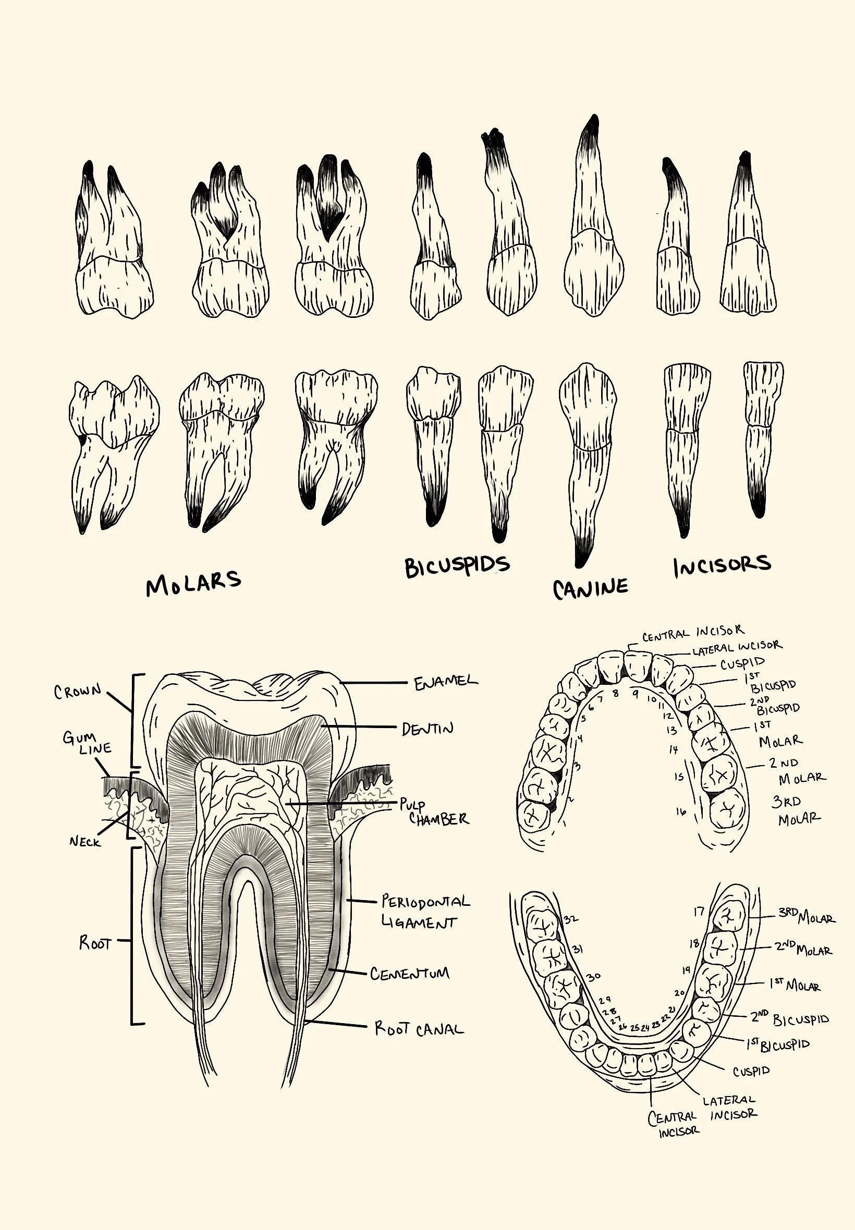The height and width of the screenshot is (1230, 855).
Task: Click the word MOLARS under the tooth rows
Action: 193,583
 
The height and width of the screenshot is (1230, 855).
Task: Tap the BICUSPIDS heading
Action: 456,567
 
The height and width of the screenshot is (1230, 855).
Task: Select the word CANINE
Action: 590,588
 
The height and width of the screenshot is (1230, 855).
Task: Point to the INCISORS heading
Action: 722,565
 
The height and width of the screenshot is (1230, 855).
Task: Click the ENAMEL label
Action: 445,683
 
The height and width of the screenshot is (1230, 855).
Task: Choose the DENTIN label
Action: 427,729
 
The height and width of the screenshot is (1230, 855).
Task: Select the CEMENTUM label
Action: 410,974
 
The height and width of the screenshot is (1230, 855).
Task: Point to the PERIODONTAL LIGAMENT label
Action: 425,911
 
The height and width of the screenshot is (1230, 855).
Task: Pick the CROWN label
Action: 78,691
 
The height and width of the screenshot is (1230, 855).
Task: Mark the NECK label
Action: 84,841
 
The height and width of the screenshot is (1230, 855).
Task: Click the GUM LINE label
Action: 87,743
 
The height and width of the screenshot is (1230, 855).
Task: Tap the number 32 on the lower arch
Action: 570,919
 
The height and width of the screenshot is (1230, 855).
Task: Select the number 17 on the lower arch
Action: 699,912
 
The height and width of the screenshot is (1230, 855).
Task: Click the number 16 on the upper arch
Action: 680,812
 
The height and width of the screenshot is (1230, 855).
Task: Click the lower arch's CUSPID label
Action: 751,1072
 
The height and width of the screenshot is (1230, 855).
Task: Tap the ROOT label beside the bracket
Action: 95,942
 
